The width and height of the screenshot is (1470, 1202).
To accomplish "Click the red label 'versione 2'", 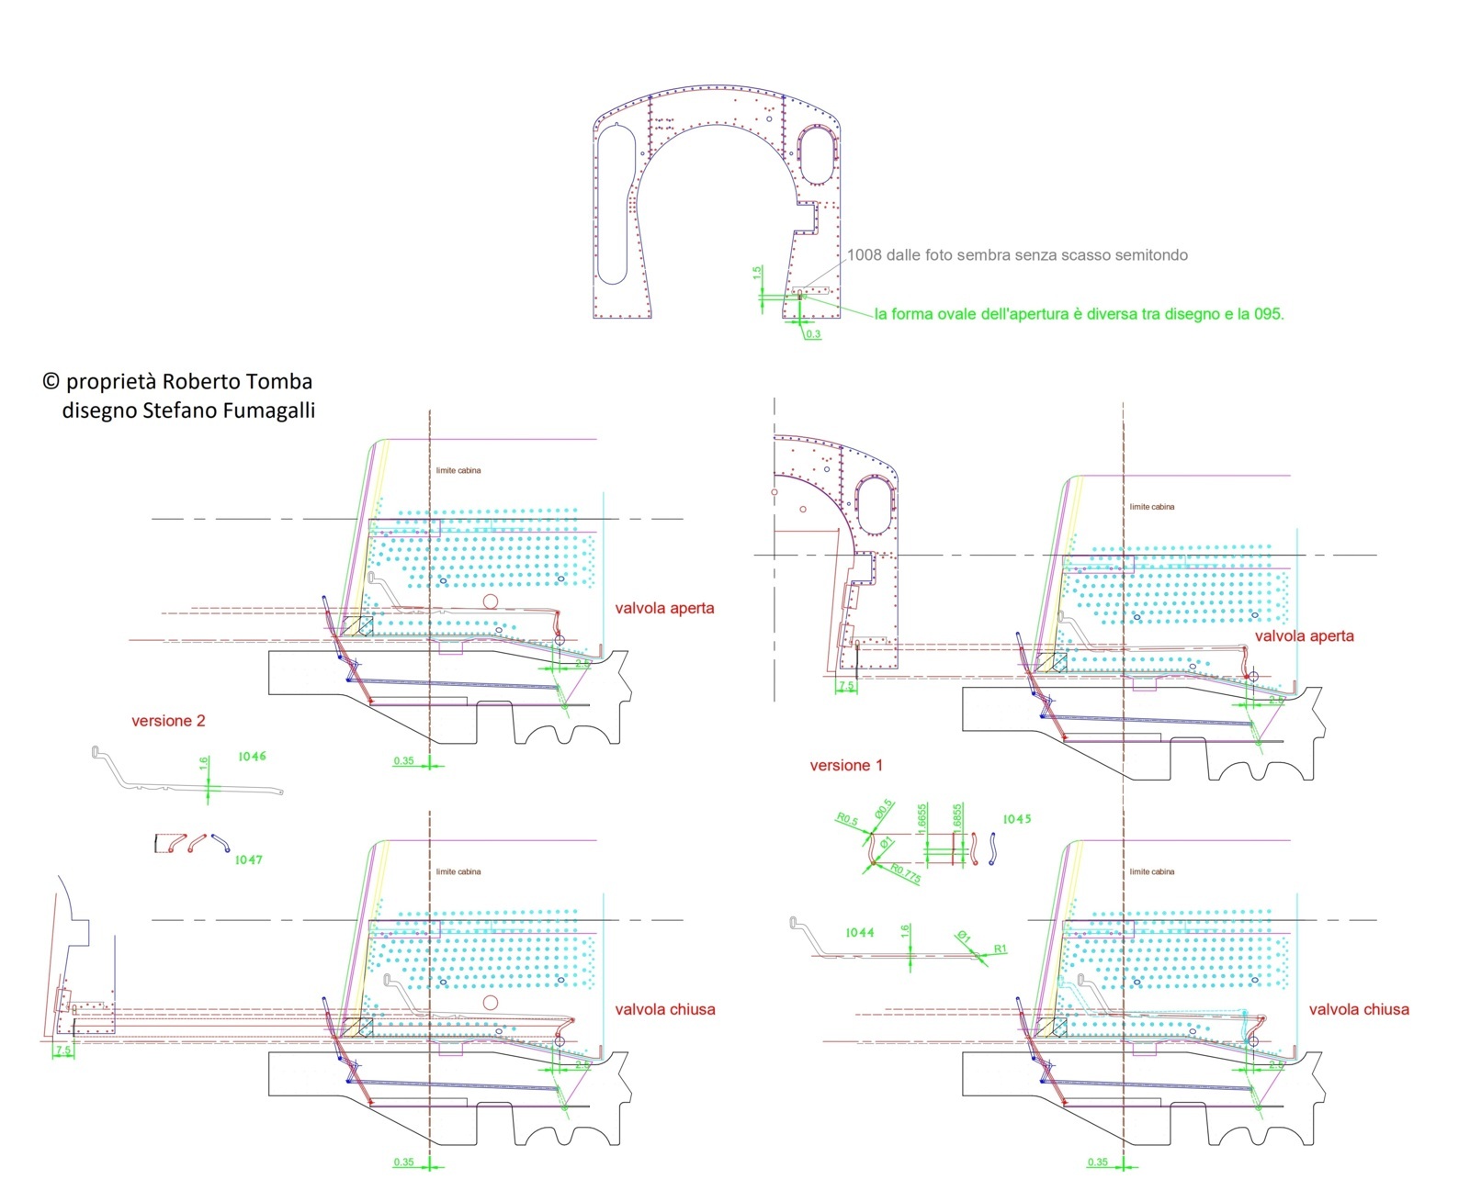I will coord(168,721).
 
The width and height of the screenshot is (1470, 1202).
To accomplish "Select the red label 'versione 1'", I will coord(846,765).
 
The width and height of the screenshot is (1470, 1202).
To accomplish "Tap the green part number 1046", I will coord(252,757).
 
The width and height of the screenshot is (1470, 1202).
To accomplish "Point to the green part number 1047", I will coord(248,860).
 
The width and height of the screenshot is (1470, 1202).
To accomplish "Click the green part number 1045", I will coord(1016,819).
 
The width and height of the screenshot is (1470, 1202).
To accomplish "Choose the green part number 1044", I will coord(859,933).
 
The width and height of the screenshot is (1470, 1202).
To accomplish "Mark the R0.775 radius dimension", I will coord(905,872).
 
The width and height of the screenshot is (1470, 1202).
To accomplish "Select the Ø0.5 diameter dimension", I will coord(884,808).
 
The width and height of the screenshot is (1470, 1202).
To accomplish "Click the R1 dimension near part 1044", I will coord(1001,949).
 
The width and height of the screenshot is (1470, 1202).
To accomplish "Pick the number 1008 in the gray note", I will coord(864,255).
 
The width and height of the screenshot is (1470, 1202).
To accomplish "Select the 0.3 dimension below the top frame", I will coord(813,334).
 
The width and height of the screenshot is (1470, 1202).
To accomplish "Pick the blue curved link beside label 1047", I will coord(220,842).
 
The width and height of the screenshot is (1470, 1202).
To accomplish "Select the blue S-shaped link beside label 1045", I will coord(992,848).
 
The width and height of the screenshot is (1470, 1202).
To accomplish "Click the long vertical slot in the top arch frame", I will coord(613,203).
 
